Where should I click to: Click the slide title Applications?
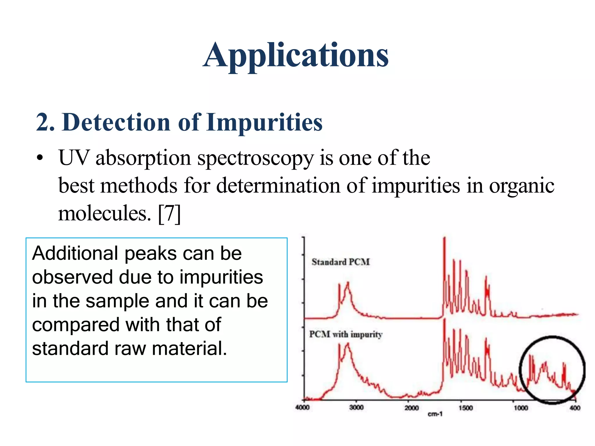pyautogui.click(x=295, y=55)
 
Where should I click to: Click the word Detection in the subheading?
pyautogui.click(x=116, y=122)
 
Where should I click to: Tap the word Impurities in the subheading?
pyautogui.click(x=264, y=122)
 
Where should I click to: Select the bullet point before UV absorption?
pyautogui.click(x=40, y=158)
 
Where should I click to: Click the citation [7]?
pyautogui.click(x=169, y=214)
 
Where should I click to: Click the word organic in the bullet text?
pyautogui.click(x=521, y=186)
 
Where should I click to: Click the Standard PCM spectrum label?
pyautogui.click(x=340, y=262)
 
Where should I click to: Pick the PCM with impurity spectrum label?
pyautogui.click(x=345, y=334)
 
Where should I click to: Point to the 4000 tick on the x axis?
pyautogui.click(x=302, y=407)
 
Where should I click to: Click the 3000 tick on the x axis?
pyautogui.click(x=356, y=407)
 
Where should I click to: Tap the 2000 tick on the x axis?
pyautogui.click(x=411, y=408)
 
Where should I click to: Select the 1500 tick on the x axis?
pyautogui.click(x=466, y=408)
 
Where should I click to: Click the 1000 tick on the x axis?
pyautogui.click(x=521, y=408)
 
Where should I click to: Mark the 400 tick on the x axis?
pyautogui.click(x=575, y=408)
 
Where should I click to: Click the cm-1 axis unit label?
pyautogui.click(x=435, y=414)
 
